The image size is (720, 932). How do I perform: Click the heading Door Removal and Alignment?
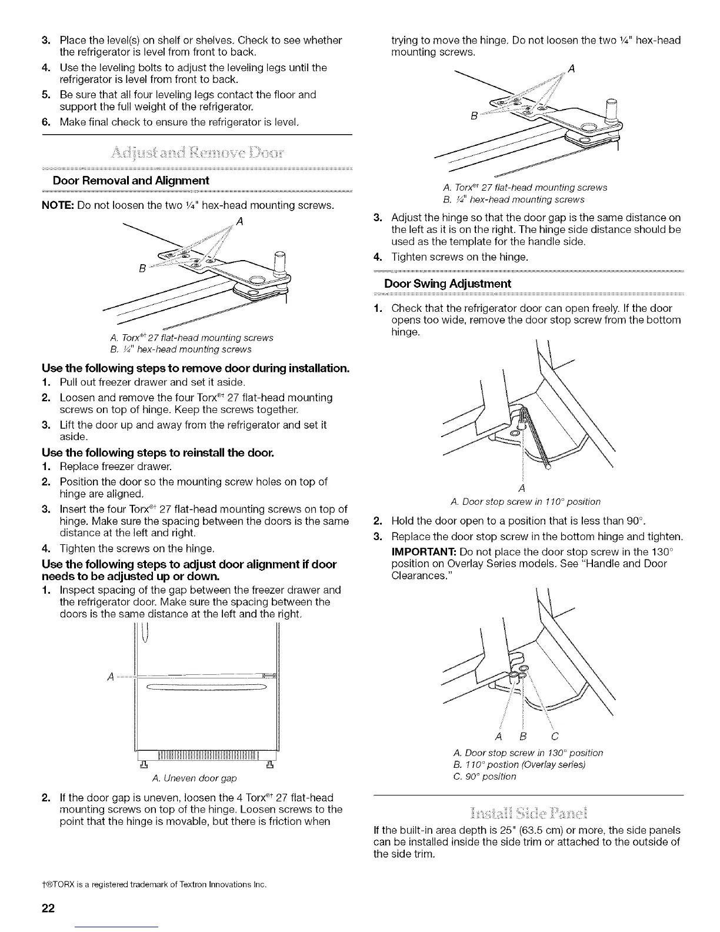(x=131, y=180)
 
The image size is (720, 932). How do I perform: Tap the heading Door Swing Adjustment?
(x=447, y=284)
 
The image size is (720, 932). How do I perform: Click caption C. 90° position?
(x=485, y=776)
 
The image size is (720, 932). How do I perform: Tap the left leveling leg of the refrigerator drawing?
(x=143, y=765)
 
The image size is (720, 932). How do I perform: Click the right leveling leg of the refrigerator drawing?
(x=269, y=765)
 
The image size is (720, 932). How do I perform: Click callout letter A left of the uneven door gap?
(x=110, y=675)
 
